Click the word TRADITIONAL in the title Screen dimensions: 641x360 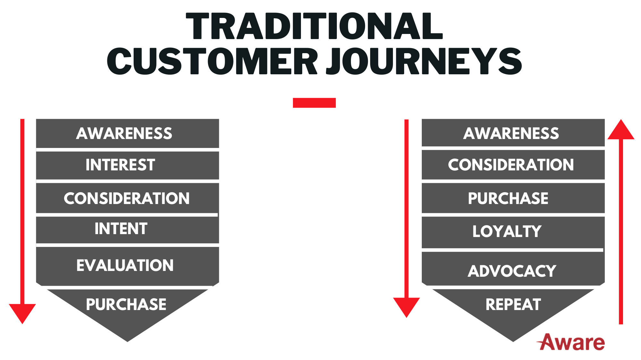tap(314, 26)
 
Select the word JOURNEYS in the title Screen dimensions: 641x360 tap(424, 61)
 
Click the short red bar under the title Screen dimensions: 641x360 tap(314, 103)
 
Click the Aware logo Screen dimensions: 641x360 tap(571, 342)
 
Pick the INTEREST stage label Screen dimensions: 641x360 tap(121, 165)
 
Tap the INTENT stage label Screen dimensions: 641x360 tap(121, 229)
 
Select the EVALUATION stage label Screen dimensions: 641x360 tap(125, 266)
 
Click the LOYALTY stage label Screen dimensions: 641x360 tap(507, 231)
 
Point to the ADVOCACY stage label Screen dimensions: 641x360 tap(512, 271)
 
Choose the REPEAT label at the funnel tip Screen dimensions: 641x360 tap(513, 304)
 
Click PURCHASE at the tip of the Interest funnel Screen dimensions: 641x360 tap(126, 304)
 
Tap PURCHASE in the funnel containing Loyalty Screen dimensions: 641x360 tap(508, 198)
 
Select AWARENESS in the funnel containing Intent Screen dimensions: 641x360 tap(124, 133)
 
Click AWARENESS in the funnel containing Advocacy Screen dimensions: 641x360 tap(511, 133)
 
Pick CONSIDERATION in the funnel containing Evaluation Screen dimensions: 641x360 tap(127, 198)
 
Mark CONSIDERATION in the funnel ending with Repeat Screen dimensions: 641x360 tap(511, 165)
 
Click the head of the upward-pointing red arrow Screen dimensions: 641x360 tap(621, 130)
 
